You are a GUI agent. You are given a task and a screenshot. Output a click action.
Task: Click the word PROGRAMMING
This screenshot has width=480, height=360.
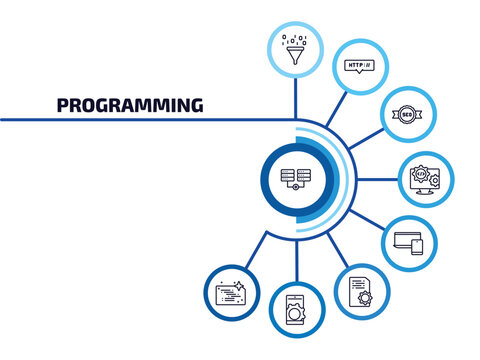click(130, 104)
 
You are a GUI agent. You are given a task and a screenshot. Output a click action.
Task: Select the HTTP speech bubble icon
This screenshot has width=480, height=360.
click(357, 67)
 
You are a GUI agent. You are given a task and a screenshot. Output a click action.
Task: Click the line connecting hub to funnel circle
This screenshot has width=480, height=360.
click(295, 100)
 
